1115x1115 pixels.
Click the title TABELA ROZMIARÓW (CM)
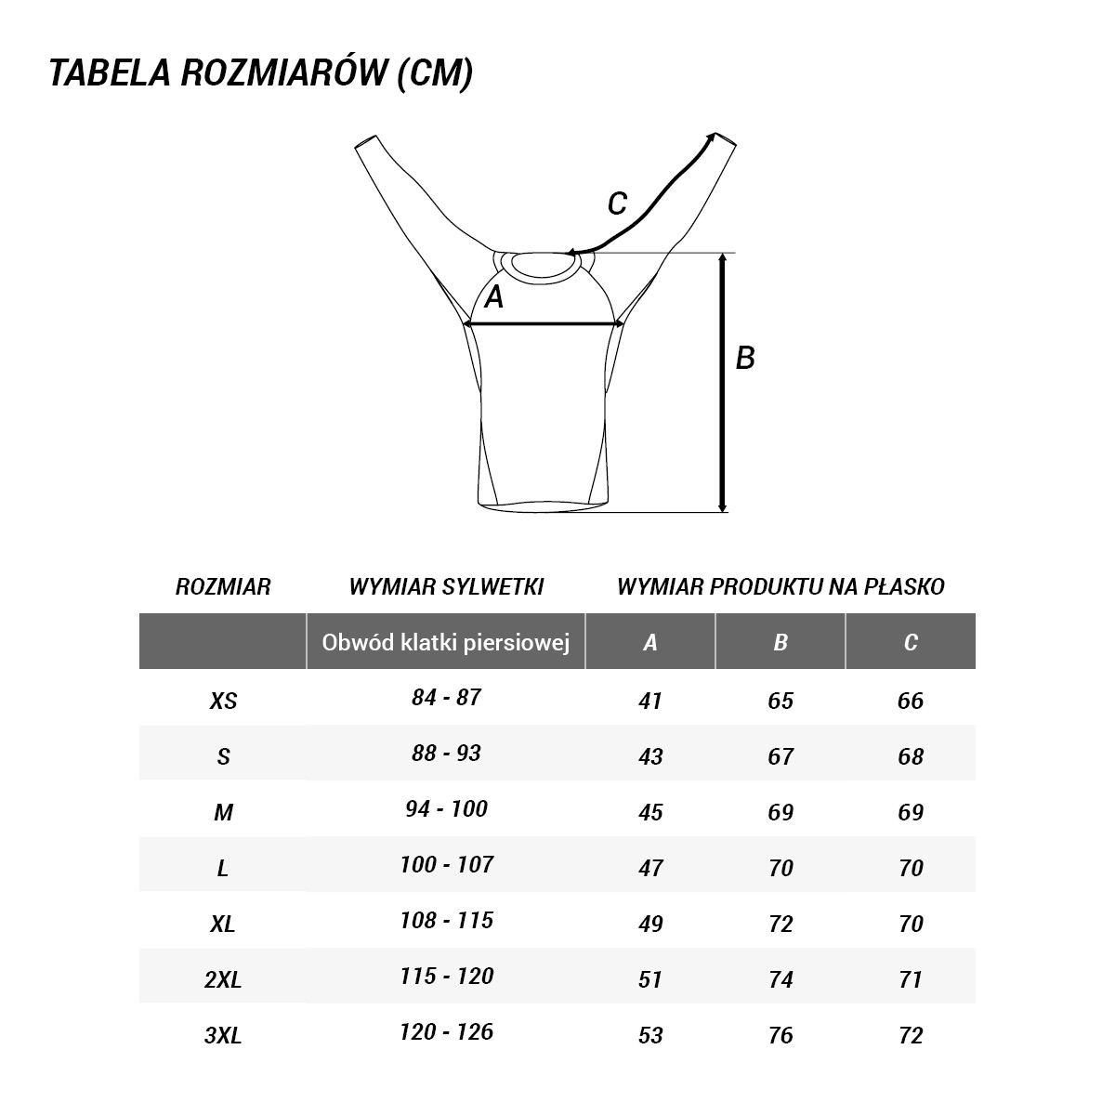pos(260,73)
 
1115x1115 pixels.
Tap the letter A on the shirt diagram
pos(494,297)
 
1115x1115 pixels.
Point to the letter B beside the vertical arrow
pos(745,358)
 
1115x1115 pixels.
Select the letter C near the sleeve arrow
pos(616,203)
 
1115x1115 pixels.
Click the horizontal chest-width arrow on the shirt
pos(544,323)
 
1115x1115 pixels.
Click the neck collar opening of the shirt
pos(544,265)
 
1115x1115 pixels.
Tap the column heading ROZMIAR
pos(223,587)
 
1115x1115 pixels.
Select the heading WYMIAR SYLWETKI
pos(446,587)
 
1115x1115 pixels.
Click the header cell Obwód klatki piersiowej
pos(446,642)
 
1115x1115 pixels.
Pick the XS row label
pos(223,701)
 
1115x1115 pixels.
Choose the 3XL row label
pos(223,1035)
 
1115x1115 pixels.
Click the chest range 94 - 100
pos(446,809)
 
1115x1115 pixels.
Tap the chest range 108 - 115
pos(446,921)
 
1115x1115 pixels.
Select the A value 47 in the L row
pos(650,868)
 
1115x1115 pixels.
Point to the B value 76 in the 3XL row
pos(780,1035)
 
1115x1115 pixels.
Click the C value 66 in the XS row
pos(911,701)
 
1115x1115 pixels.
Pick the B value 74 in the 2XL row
pos(780,979)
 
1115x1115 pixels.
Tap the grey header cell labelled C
pos(911,642)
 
